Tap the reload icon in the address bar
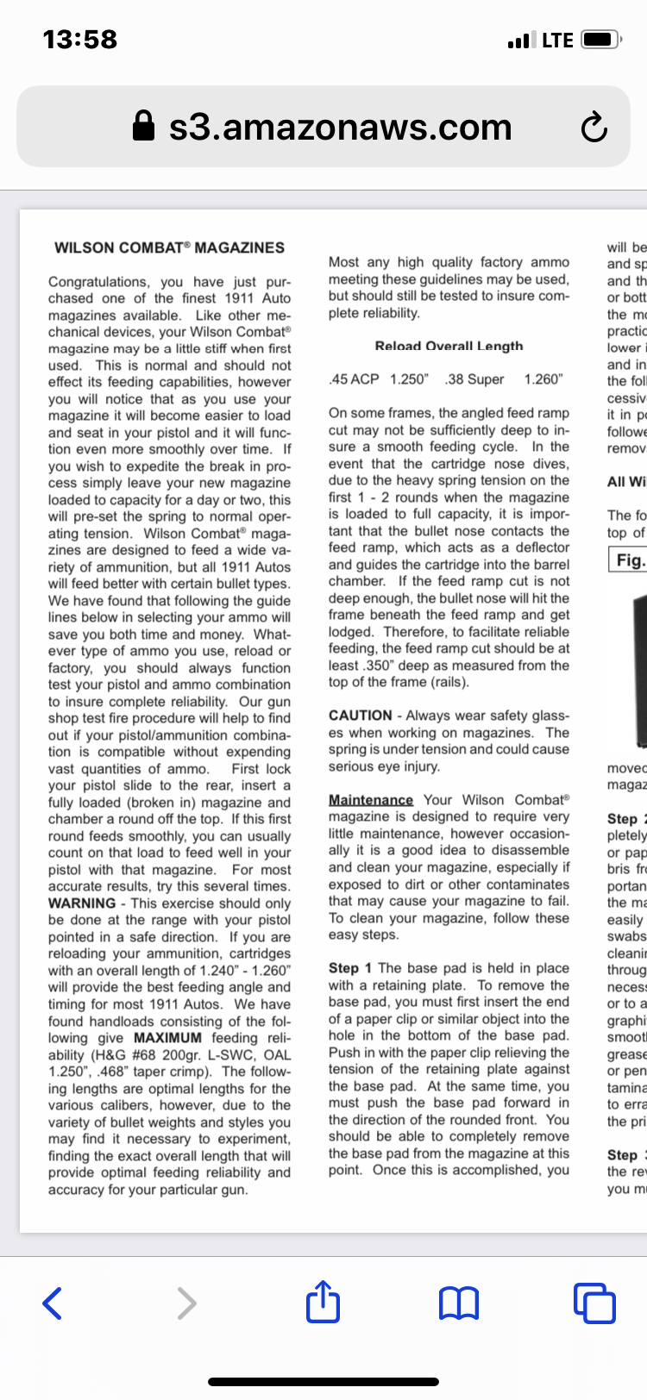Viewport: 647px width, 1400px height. pyautogui.click(x=594, y=128)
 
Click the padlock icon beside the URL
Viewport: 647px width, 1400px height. pyautogui.click(x=144, y=127)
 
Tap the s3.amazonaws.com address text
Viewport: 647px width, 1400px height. pyautogui.click(x=340, y=127)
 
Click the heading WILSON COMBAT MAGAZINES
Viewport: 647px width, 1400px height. pyautogui.click(x=169, y=247)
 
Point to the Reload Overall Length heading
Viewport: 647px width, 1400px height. pyautogui.click(x=449, y=346)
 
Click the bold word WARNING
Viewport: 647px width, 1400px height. pyautogui.click(x=82, y=903)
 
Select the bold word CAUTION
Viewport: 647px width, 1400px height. pyautogui.click(x=360, y=716)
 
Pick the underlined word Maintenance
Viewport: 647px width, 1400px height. pyautogui.click(x=371, y=800)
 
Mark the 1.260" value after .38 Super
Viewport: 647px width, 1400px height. pyautogui.click(x=543, y=379)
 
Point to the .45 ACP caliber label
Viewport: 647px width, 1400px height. pyautogui.click(x=354, y=379)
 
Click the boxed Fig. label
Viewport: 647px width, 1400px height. pyautogui.click(x=630, y=560)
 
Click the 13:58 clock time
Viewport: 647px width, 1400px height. pyautogui.click(x=79, y=40)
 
